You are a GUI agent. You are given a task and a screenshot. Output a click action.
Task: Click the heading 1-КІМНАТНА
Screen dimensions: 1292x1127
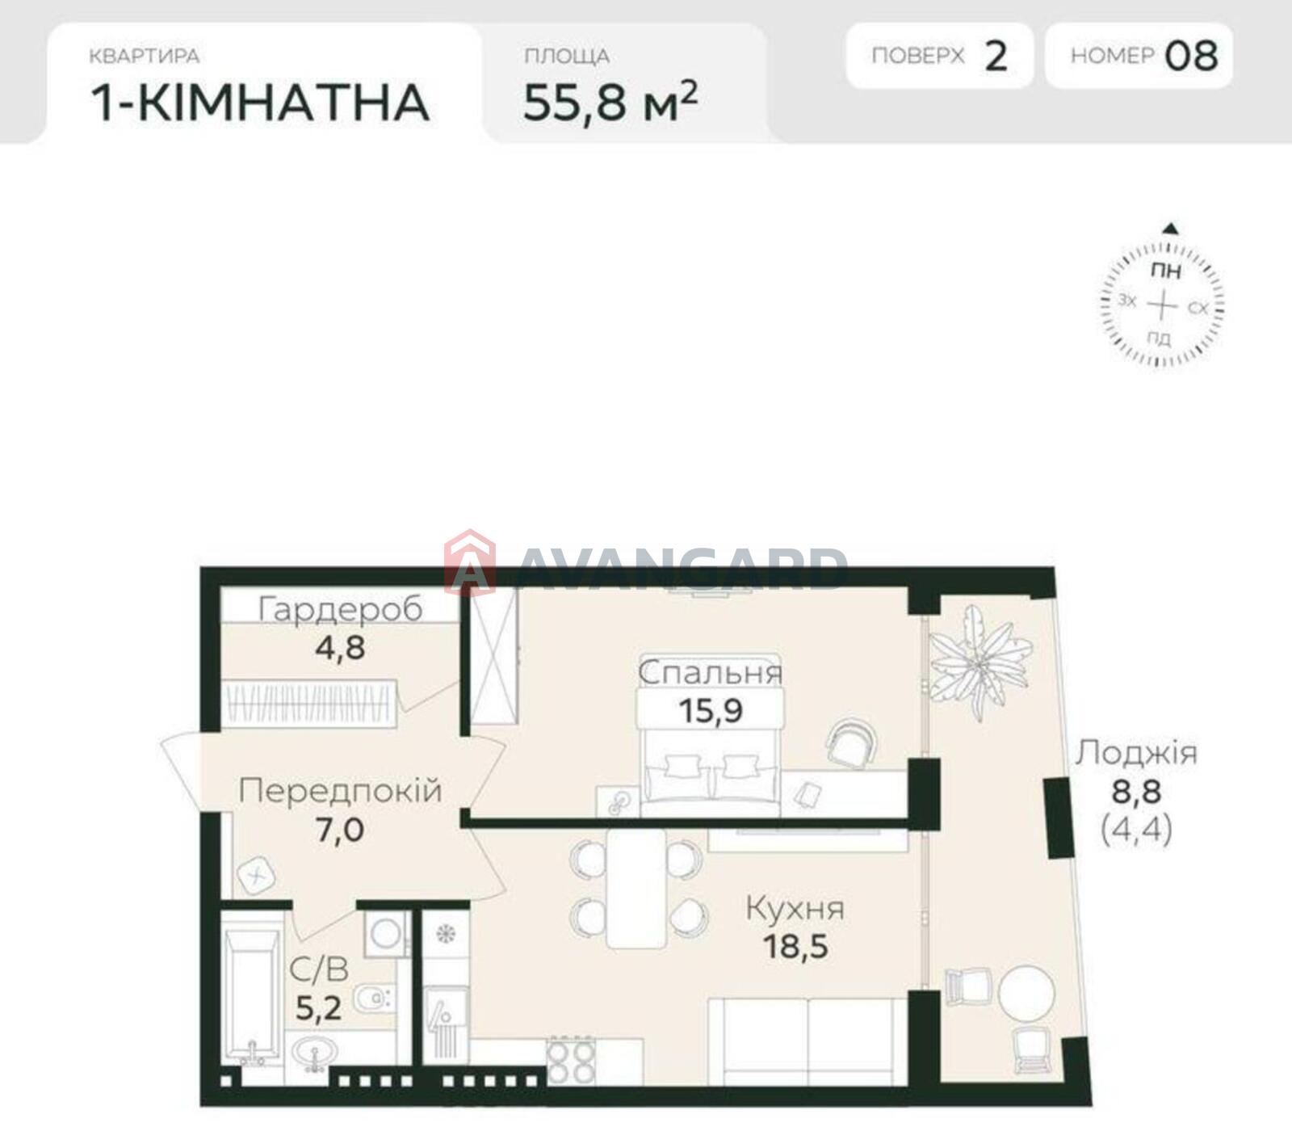pyautogui.click(x=259, y=103)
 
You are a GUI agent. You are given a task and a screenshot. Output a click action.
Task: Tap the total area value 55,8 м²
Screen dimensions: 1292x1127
pyautogui.click(x=610, y=101)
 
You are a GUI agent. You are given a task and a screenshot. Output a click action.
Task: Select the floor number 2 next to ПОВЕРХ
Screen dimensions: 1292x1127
pyautogui.click(x=996, y=56)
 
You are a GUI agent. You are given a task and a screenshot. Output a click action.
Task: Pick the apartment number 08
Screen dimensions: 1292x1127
pyautogui.click(x=1191, y=56)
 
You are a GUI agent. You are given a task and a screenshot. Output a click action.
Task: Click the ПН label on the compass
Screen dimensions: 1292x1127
pyautogui.click(x=1165, y=271)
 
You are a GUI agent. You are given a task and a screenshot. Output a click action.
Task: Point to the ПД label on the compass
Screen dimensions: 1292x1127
pyautogui.click(x=1159, y=338)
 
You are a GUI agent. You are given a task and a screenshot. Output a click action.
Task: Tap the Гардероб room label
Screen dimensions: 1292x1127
pyautogui.click(x=340, y=609)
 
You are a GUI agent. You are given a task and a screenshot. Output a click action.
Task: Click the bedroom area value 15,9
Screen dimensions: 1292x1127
pyautogui.click(x=711, y=710)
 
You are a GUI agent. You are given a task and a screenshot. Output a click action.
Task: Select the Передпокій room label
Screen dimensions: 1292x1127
pyautogui.click(x=340, y=790)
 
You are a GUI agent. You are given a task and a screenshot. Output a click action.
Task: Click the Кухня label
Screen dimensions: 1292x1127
pyautogui.click(x=795, y=909)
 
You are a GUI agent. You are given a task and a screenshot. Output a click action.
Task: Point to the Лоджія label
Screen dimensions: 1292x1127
pyautogui.click(x=1135, y=753)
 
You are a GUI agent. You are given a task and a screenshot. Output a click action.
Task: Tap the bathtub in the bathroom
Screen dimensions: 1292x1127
pyautogui.click(x=252, y=995)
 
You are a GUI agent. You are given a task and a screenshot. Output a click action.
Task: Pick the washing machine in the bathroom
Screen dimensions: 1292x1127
pyautogui.click(x=387, y=934)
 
